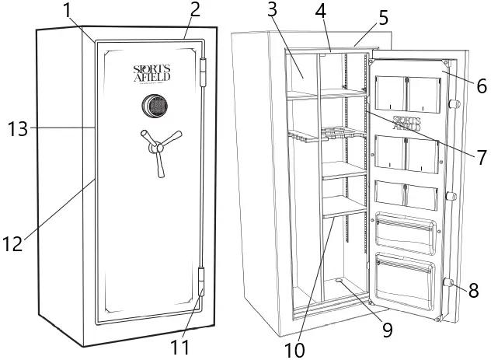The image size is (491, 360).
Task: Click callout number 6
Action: pyautogui.click(x=482, y=86)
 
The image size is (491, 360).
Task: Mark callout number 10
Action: pyautogui.click(x=294, y=349)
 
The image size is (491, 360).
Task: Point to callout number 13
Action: pyautogui.click(x=16, y=128)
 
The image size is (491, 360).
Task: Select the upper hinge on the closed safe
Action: pyautogui.click(x=204, y=72)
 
